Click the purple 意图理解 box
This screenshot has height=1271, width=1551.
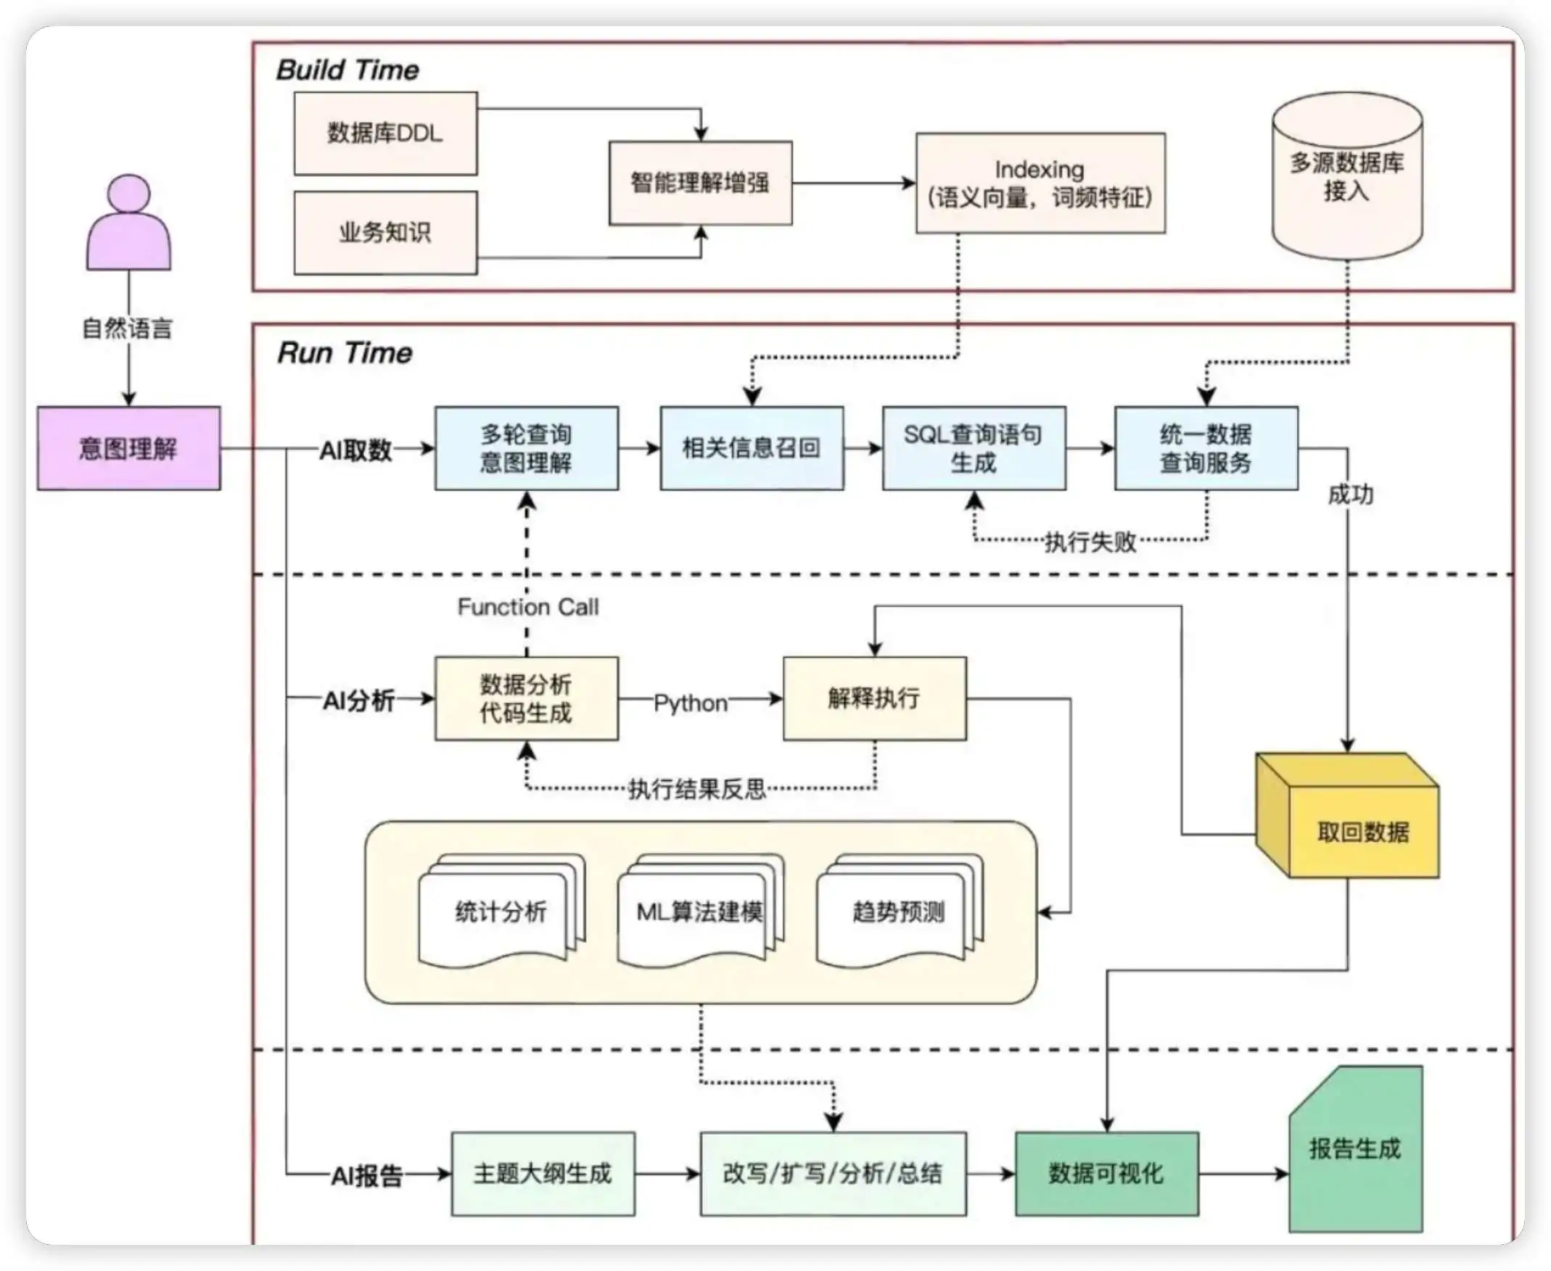(129, 448)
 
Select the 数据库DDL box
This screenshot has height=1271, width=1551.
(385, 133)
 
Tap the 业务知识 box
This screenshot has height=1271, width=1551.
(385, 233)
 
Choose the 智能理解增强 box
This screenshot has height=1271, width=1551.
(700, 183)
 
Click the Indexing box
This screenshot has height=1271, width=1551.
(1040, 183)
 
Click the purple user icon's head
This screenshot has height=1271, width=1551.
(129, 194)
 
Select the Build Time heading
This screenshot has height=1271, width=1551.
(347, 70)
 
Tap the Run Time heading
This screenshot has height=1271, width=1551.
(345, 353)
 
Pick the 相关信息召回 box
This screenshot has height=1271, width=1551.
(752, 448)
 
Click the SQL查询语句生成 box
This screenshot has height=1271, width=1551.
(974, 448)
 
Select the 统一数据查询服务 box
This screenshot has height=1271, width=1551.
(1206, 448)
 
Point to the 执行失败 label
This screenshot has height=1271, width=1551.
(1090, 542)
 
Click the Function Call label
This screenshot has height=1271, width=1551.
(527, 607)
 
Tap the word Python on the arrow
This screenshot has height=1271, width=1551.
(690, 703)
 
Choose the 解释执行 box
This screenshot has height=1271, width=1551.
(874, 698)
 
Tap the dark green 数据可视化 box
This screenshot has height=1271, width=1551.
(1106, 1174)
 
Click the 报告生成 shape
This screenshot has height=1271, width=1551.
(1355, 1149)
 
